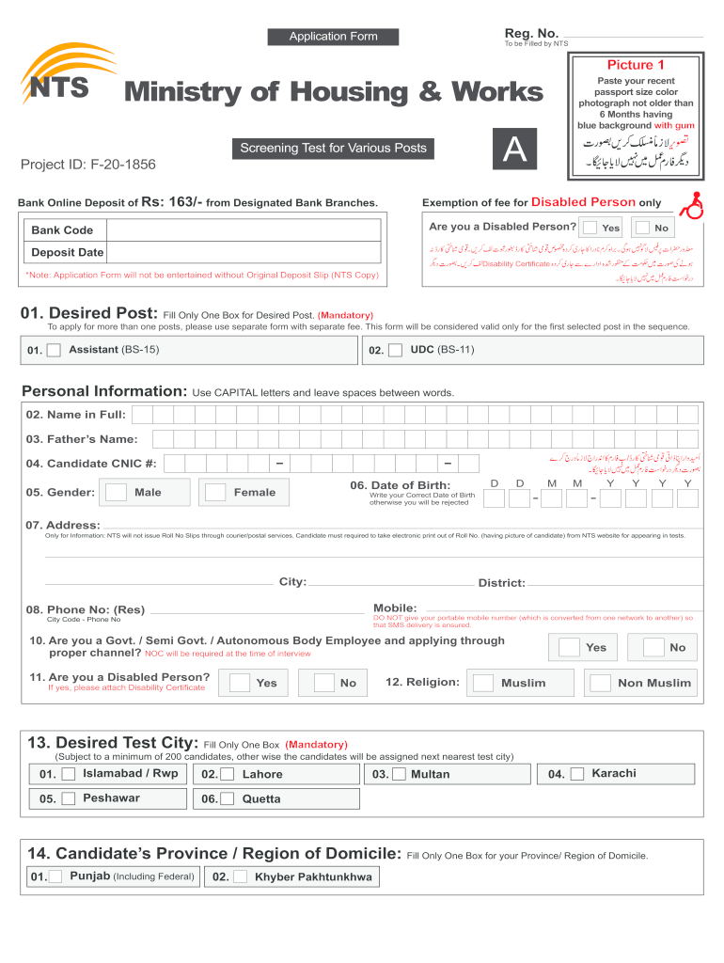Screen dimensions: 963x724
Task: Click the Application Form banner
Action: pos(333,37)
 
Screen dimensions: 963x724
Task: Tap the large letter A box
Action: pos(513,150)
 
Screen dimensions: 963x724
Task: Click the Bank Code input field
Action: pos(243,230)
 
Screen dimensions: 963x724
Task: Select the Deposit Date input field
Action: pos(243,252)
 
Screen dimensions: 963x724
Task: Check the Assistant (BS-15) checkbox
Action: pos(55,350)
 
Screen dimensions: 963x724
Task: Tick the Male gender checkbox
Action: pos(117,492)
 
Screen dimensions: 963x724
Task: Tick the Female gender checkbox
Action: pos(215,492)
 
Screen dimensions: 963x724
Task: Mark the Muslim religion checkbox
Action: pos(482,683)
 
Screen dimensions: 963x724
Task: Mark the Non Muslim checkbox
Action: pos(601,683)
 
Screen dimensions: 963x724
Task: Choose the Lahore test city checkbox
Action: pos(228,774)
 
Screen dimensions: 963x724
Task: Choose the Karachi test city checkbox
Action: pos(577,774)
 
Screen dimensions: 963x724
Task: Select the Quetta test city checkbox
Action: pos(228,798)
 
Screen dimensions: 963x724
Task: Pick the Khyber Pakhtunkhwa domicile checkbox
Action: pos(241,876)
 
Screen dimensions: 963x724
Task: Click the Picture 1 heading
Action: pos(636,65)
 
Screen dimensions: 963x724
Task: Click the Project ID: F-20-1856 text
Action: pos(88,166)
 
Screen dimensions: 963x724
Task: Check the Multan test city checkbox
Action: pos(399,774)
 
